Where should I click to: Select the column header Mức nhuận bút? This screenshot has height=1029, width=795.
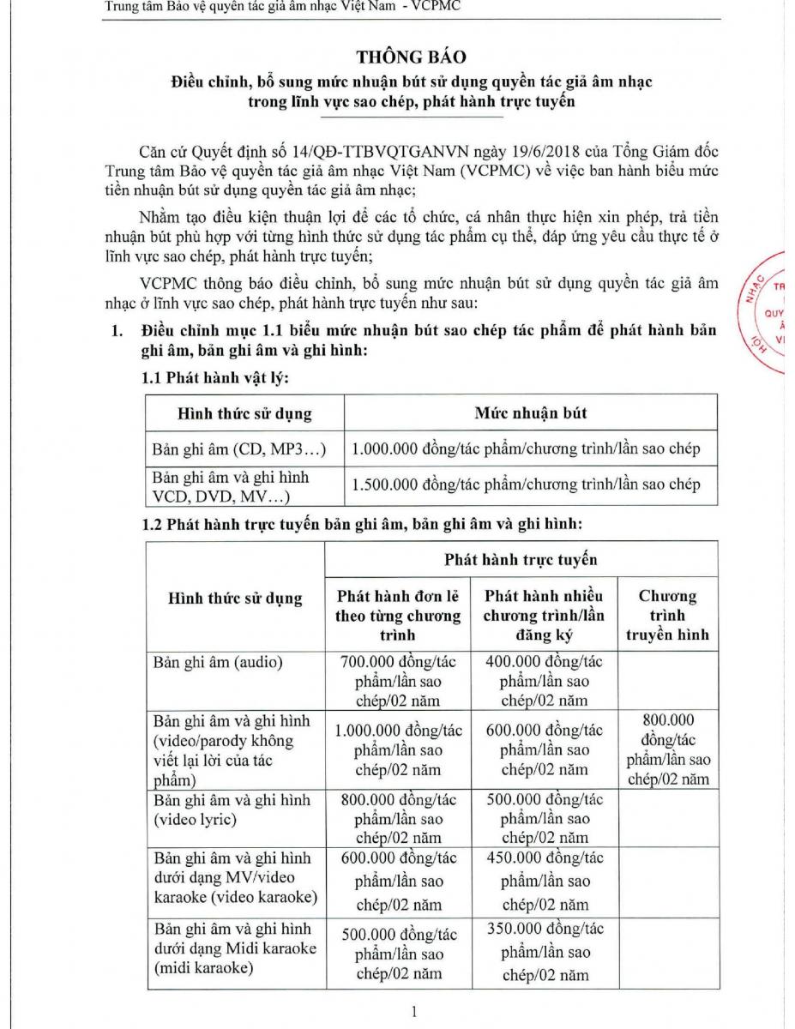tap(530, 412)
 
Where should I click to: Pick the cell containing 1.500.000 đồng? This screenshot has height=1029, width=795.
tap(526, 484)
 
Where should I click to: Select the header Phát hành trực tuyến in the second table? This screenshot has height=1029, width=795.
tap(521, 560)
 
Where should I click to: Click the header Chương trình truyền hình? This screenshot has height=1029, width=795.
tap(667, 615)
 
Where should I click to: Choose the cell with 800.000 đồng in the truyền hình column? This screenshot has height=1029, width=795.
tap(667, 749)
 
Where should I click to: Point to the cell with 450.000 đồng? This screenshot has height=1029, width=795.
tap(544, 881)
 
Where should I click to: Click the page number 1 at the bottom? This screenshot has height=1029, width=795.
tap(414, 1012)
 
